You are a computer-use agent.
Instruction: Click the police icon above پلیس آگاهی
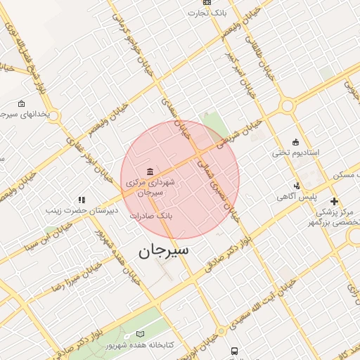297,186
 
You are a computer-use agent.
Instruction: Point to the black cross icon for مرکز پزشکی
334,201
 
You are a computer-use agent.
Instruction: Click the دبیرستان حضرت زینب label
82,210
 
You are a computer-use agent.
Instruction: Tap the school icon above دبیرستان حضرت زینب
82,200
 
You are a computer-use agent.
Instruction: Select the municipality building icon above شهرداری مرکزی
150,172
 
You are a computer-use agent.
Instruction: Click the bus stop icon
234,351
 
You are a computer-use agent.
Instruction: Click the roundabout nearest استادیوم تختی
287,107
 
